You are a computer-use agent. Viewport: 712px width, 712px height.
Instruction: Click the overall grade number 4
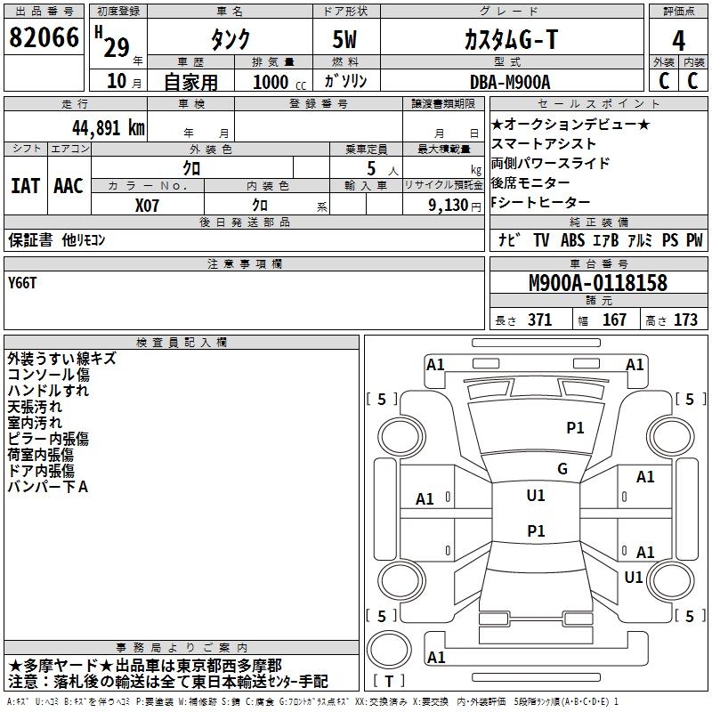[x=678, y=40]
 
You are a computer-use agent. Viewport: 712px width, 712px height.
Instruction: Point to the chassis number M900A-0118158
[x=597, y=284]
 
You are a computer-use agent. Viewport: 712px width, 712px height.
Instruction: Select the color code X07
[x=147, y=205]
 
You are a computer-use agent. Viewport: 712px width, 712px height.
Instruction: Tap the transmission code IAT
[x=25, y=186]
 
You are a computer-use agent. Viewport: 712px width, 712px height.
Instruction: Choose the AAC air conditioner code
[x=68, y=186]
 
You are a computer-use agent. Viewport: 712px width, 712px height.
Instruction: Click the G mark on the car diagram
[x=562, y=469]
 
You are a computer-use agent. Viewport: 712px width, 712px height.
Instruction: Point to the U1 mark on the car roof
[x=536, y=496]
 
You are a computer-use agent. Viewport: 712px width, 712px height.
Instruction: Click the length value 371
[x=539, y=320]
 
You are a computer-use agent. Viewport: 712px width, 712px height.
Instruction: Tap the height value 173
[x=685, y=320]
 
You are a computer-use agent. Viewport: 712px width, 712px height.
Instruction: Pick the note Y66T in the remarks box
[x=23, y=283]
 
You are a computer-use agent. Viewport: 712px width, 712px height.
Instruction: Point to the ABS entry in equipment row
[x=573, y=240]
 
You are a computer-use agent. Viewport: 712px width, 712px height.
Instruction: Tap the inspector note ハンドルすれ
[x=48, y=391]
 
